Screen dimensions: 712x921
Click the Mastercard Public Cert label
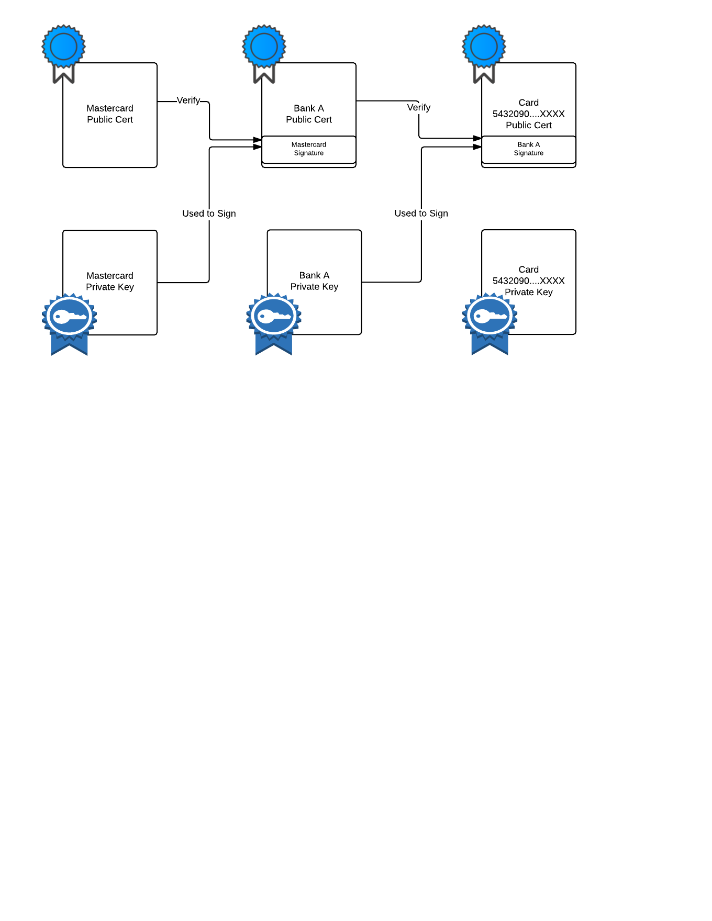(110, 114)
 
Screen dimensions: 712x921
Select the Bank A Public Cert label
(309, 114)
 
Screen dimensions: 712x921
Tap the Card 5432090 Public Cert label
(529, 114)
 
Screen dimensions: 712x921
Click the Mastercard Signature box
(309, 150)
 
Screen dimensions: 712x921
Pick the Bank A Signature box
(529, 150)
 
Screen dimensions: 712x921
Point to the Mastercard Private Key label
(110, 282)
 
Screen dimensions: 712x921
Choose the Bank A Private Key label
(314, 281)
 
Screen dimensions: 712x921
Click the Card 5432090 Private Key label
(529, 281)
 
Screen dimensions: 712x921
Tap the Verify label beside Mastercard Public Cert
(188, 100)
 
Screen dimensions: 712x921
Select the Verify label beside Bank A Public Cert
(419, 107)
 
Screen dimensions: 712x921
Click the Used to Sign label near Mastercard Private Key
(209, 214)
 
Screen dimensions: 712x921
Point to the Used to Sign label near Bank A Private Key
(421, 214)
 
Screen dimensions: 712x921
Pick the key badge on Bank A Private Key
(274, 324)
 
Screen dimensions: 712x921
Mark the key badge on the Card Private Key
(490, 324)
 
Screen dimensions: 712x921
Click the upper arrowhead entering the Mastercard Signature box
(258, 140)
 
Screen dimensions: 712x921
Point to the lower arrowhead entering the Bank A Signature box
(477, 147)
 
